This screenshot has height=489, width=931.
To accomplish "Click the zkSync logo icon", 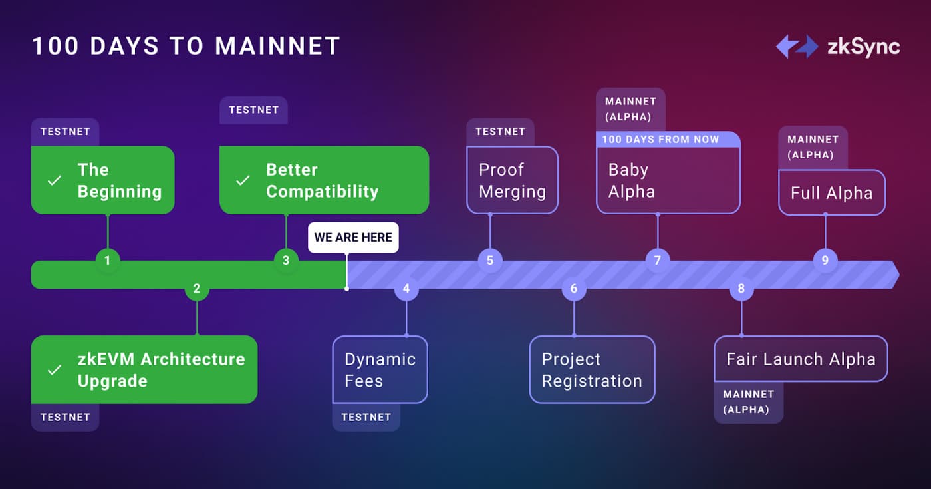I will pyautogui.click(x=797, y=46).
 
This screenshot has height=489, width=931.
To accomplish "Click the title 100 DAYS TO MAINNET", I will pyautogui.click(x=186, y=46).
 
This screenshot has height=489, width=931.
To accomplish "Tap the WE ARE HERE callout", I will pyautogui.click(x=353, y=238).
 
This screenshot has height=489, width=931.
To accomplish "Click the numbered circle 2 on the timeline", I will pyautogui.click(x=197, y=289).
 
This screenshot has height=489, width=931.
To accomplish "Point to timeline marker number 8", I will pyautogui.click(x=741, y=289).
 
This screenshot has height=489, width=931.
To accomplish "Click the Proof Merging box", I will pyautogui.click(x=512, y=180).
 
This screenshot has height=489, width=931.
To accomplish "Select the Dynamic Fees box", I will pyautogui.click(x=380, y=370).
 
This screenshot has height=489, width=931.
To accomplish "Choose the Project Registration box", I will pyautogui.click(x=592, y=370).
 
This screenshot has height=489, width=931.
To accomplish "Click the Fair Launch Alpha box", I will pyautogui.click(x=801, y=359).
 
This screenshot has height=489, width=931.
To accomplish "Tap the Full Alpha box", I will pyautogui.click(x=831, y=193).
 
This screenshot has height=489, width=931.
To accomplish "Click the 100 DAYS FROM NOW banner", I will pyautogui.click(x=668, y=140).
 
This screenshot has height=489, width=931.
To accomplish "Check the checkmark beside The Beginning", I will pyautogui.click(x=55, y=180).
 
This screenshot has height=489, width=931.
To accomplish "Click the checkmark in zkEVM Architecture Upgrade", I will pyautogui.click(x=55, y=370).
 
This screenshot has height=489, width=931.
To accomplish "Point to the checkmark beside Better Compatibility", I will pyautogui.click(x=243, y=180).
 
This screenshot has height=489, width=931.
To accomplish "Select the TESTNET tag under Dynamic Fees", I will pyautogui.click(x=366, y=417).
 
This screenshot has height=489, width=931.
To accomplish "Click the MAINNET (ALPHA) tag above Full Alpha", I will pyautogui.click(x=813, y=147).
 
